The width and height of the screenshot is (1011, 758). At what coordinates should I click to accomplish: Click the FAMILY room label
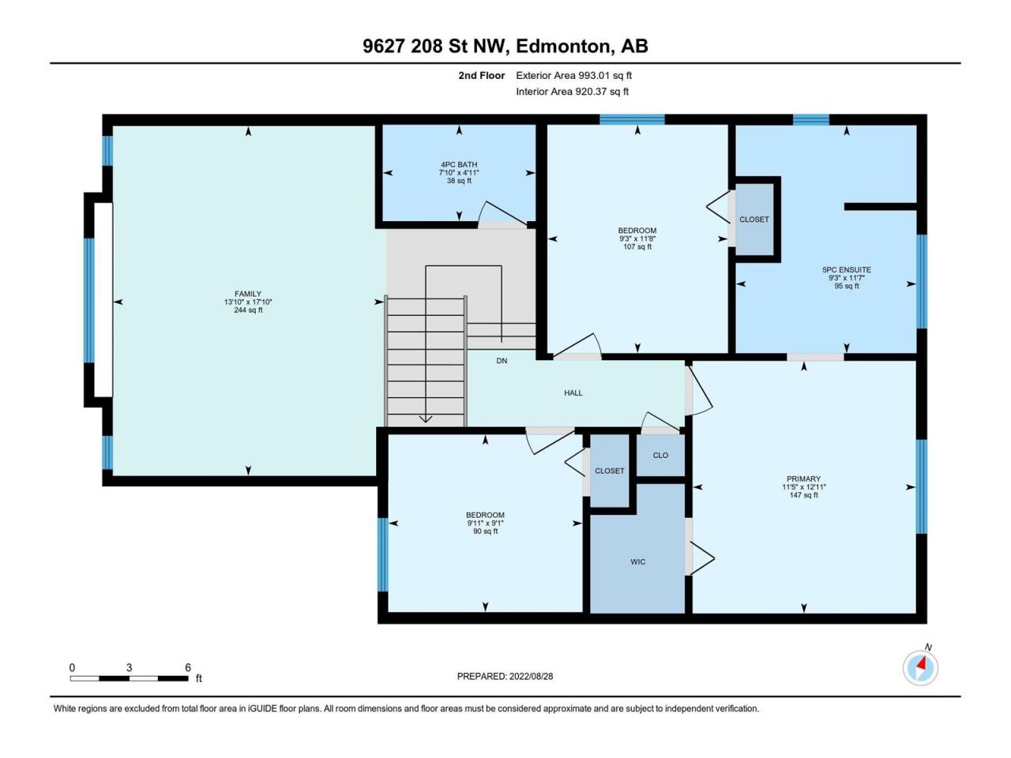(248, 294)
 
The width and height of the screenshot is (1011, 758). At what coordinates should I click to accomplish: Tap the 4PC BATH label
(459, 164)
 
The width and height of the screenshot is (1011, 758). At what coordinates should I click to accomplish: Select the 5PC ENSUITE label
(847, 270)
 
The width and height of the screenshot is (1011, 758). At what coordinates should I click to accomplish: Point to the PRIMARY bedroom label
(804, 478)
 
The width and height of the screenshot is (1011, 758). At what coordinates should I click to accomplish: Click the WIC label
(638, 562)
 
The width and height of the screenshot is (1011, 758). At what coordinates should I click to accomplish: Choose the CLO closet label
(660, 455)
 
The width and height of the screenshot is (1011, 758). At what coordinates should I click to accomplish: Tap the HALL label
(573, 392)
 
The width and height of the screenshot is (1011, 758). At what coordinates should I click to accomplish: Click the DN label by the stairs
(502, 361)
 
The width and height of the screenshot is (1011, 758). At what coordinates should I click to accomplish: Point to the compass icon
(920, 668)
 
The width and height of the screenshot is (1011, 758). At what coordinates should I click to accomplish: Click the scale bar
(130, 678)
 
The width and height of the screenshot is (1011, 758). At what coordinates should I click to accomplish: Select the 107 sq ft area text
(637, 246)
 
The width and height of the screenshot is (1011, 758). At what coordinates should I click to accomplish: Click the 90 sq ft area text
(486, 531)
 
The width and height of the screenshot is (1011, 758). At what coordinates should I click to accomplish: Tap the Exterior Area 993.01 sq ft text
(574, 76)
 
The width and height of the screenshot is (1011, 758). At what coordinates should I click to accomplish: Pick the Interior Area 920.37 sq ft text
(572, 92)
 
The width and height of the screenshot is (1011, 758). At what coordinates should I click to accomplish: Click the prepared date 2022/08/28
(531, 677)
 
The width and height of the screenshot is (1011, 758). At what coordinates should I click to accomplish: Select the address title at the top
(505, 46)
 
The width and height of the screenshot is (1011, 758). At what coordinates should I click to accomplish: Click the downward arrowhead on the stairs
(425, 418)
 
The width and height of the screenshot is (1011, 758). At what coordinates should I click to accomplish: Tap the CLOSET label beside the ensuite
(754, 220)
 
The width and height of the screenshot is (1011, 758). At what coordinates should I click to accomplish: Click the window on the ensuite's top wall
(810, 120)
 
